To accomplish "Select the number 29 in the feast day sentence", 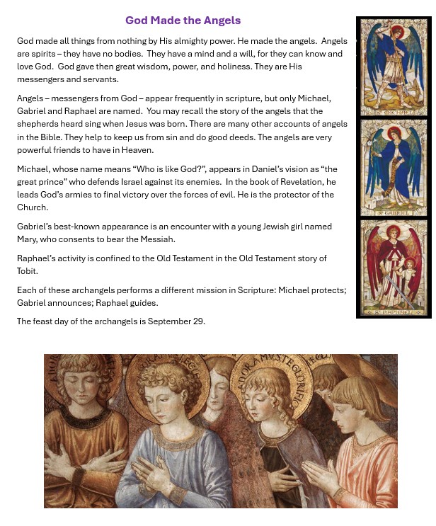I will pyautogui.click(x=198, y=321).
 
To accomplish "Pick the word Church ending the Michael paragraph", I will pyautogui.click(x=33, y=207).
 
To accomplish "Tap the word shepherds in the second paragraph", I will pyautogui.click(x=38, y=124).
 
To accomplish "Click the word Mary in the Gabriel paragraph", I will pyautogui.click(x=28, y=239).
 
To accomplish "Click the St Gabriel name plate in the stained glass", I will pyautogui.click(x=393, y=212).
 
